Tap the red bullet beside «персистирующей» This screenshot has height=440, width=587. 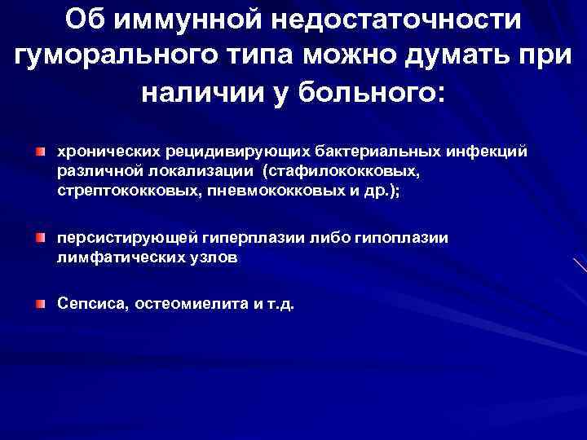[40, 238]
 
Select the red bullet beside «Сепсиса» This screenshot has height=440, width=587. [40, 304]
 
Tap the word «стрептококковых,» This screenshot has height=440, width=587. [117, 190]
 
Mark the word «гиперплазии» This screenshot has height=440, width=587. [275, 238]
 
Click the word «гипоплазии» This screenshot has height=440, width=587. [409, 238]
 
